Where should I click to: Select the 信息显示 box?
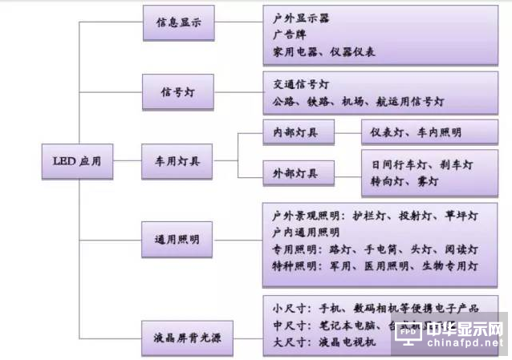coord(178,24)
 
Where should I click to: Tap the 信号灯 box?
coord(178,93)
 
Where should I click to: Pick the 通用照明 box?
coord(178,240)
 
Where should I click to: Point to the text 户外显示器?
coord(301,18)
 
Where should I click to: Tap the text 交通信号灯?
coord(301,84)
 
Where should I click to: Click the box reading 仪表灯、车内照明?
coord(416,133)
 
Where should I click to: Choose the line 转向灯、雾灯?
coord(405,182)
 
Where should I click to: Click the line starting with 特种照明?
coord(375,265)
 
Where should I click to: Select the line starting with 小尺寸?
coord(375,309)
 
